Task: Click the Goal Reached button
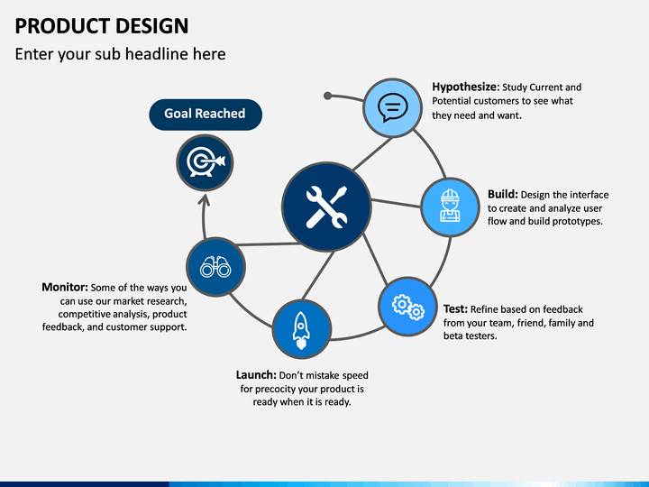pyautogui.click(x=206, y=115)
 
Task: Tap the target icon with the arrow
pyautogui.click(x=206, y=162)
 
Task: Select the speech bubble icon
pyautogui.click(x=392, y=107)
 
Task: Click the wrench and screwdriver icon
pyautogui.click(x=326, y=207)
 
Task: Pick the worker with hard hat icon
pyautogui.click(x=450, y=206)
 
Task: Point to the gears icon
pyautogui.click(x=408, y=307)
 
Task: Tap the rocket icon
pyautogui.click(x=301, y=330)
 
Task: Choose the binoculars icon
pyautogui.click(x=215, y=267)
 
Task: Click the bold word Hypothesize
pyautogui.click(x=465, y=87)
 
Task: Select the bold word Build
pyautogui.click(x=502, y=194)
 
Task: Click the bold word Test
pyautogui.click(x=455, y=309)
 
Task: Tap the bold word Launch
pyautogui.click(x=256, y=375)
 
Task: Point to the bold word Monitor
pyautogui.click(x=65, y=287)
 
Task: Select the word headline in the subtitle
pyautogui.click(x=155, y=54)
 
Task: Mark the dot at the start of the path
pyautogui.click(x=327, y=96)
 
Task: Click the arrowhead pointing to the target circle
pyautogui.click(x=204, y=200)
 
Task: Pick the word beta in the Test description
pyautogui.click(x=452, y=335)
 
